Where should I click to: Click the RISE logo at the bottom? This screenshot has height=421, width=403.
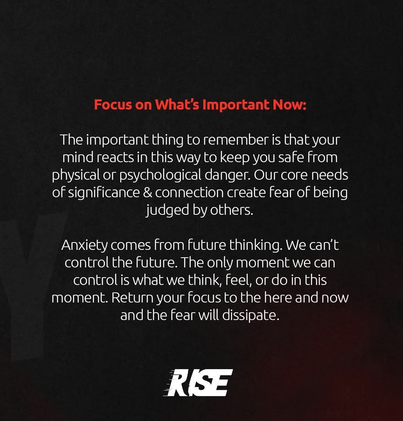pyautogui.click(x=198, y=383)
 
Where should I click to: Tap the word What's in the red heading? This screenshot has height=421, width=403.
pyautogui.click(x=177, y=104)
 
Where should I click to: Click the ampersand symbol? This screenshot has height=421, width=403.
pyautogui.click(x=147, y=193)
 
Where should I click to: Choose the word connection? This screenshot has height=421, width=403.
pyautogui.click(x=189, y=193)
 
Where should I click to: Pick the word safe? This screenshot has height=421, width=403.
pyautogui.click(x=291, y=157)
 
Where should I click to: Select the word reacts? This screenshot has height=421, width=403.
pyautogui.click(x=115, y=158)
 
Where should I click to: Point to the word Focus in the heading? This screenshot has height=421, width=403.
pyautogui.click(x=113, y=105)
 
